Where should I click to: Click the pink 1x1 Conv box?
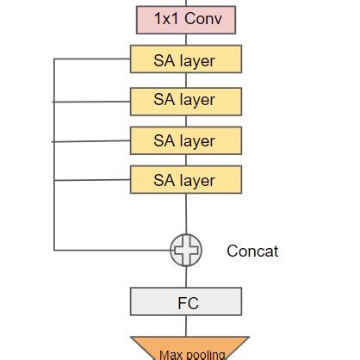pyautogui.click(x=184, y=18)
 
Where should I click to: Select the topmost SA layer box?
pyautogui.click(x=185, y=60)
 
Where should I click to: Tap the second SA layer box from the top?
pyautogui.click(x=185, y=101)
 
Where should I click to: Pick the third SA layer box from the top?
pyautogui.click(x=185, y=140)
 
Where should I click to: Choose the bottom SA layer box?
pyautogui.click(x=185, y=180)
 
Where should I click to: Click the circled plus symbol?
pyautogui.click(x=185, y=251)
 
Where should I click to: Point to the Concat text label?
pyautogui.click(x=252, y=251)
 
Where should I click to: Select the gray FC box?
pyautogui.click(x=185, y=302)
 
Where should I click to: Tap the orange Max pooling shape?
pyautogui.click(x=189, y=350)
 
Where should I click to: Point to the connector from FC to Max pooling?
pyautogui.click(x=185, y=326)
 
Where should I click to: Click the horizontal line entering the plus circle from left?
pyautogui.click(x=112, y=251)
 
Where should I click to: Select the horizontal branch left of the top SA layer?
pyautogui.click(x=91, y=59)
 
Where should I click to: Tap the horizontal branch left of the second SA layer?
pyautogui.click(x=91, y=101)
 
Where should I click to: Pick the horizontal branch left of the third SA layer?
pyautogui.click(x=91, y=140)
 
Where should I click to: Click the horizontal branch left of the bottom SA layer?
pyautogui.click(x=91, y=180)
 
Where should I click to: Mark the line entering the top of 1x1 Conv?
pyautogui.click(x=184, y=3)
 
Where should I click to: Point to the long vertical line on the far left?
pyautogui.click(x=53, y=155)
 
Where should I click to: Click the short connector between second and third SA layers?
pyautogui.click(x=185, y=121)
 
